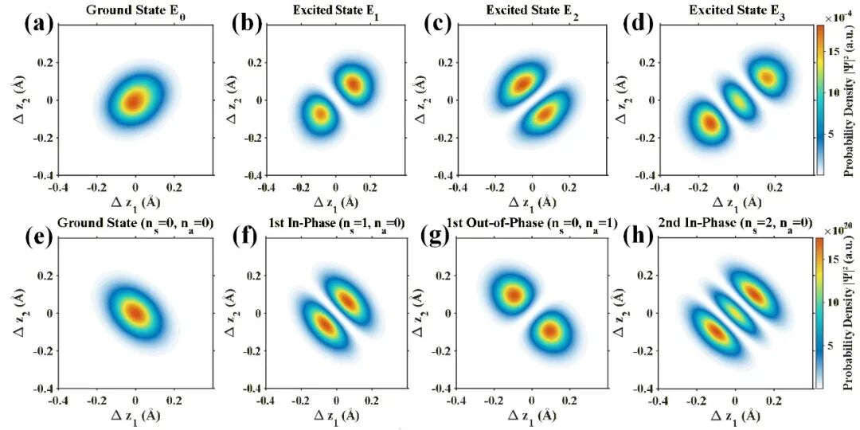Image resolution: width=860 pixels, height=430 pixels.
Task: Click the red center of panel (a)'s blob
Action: click(135, 100)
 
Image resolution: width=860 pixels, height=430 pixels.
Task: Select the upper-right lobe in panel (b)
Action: click(352, 83)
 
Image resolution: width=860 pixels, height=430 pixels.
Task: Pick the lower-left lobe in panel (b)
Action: click(319, 115)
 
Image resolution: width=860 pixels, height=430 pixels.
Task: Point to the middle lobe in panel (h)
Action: click(737, 314)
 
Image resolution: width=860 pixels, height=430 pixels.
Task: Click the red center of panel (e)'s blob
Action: click(136, 313)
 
